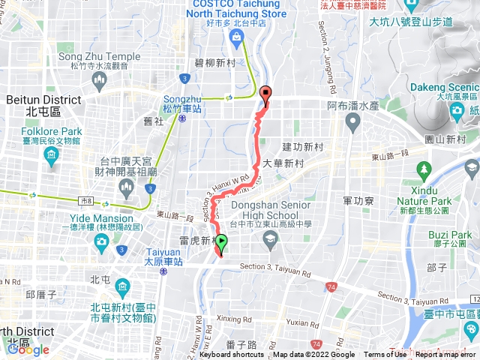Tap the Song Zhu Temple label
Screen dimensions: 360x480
(99, 56)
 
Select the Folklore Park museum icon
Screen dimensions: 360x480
(51, 155)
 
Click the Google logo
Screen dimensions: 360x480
(28, 349)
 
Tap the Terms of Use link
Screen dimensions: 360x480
(385, 355)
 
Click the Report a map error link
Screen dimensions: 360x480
(446, 355)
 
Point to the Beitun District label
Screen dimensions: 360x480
(43, 99)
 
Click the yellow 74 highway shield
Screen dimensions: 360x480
(331, 286)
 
